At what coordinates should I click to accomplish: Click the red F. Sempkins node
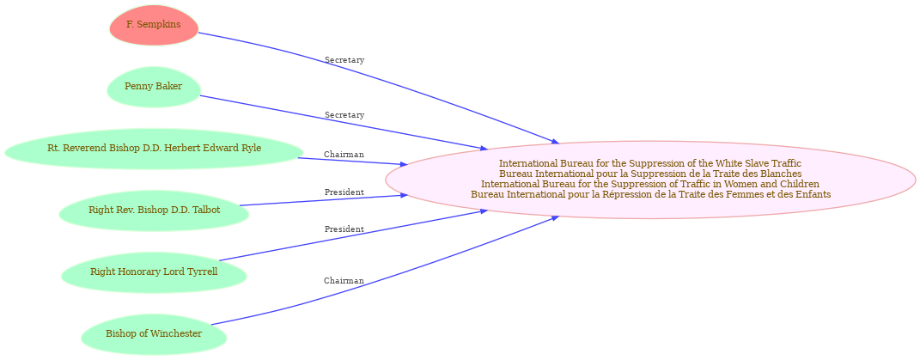tap(154, 25)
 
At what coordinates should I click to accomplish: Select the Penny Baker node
tap(153, 87)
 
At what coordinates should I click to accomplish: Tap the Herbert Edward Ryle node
tap(155, 148)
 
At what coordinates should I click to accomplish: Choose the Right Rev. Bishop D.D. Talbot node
tap(155, 211)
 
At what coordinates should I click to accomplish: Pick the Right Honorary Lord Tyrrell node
tap(154, 272)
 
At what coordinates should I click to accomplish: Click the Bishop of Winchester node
tap(154, 334)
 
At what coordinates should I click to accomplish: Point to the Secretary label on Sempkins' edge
tap(344, 60)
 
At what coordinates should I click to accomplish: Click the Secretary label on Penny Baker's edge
tap(344, 115)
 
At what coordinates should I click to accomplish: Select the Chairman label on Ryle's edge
tap(344, 155)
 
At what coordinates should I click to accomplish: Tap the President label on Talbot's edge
tap(344, 192)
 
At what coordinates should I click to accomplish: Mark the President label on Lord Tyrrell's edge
tap(344, 229)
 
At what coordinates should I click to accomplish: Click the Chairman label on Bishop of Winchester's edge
tap(344, 281)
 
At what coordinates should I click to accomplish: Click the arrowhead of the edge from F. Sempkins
tap(555, 141)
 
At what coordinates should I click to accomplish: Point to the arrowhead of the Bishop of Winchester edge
tap(555, 218)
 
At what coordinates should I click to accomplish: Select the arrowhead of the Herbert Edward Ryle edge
tap(405, 165)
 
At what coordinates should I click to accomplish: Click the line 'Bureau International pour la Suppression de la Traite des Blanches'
tap(650, 174)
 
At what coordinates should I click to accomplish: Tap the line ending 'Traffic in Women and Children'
tap(650, 184)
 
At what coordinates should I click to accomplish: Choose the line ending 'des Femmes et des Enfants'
tap(650, 194)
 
